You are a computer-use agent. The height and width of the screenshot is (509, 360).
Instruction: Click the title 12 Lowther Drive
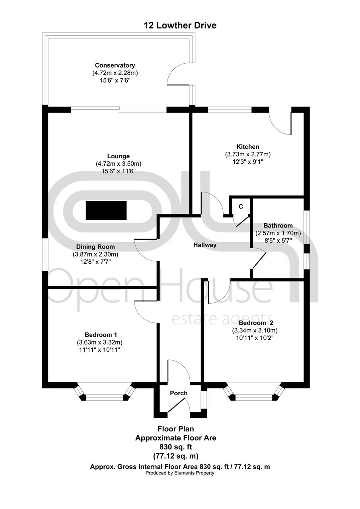pos(180,26)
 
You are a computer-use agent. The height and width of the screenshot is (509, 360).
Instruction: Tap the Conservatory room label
pos(115,65)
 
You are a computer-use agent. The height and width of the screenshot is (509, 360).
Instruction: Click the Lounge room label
pos(118,156)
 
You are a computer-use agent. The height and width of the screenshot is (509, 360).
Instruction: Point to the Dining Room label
pos(95,247)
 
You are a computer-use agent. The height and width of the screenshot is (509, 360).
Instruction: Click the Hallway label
pos(205,245)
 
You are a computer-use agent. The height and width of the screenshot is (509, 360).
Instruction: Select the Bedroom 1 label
pos(101,334)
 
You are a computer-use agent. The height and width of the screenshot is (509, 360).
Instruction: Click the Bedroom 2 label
pos(255,323)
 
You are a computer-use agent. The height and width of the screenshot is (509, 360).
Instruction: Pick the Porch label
pos(179,393)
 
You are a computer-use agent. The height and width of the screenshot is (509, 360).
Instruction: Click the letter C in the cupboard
pos(241,207)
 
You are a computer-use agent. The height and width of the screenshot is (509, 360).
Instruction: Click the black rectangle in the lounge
pos(106,210)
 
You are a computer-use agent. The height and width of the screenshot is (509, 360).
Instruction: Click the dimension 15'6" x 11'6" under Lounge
pos(118,171)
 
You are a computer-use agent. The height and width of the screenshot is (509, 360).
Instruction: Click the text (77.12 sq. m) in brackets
pos(175,456)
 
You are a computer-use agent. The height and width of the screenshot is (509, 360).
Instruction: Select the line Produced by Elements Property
pos(180,473)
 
